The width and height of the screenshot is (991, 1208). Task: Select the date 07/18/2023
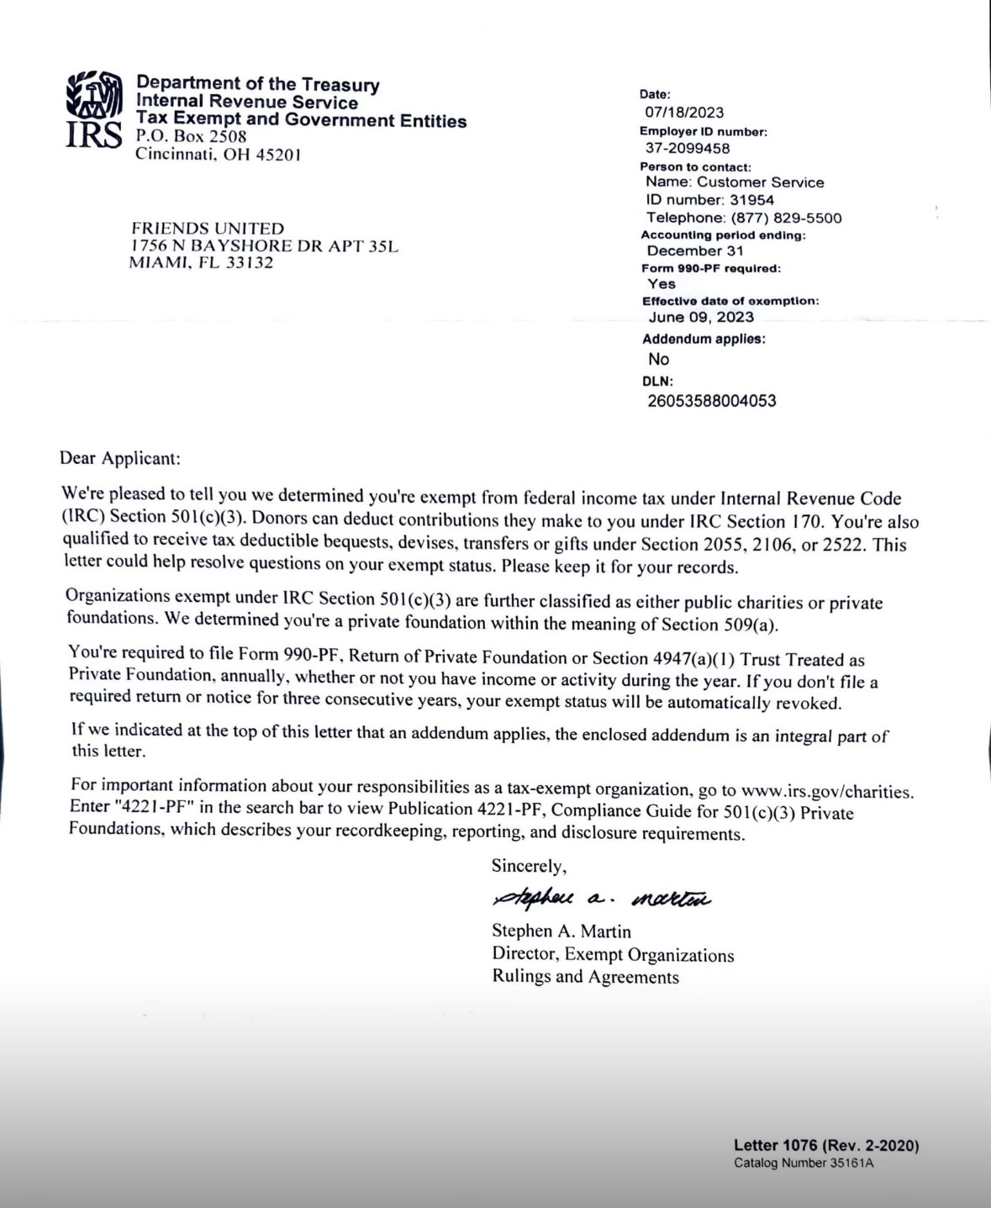point(684,113)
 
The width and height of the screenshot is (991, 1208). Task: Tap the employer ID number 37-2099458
point(688,148)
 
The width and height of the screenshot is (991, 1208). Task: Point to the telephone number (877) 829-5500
point(786,218)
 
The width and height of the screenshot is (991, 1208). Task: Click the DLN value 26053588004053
point(712,401)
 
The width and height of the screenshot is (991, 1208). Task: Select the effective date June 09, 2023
point(701,317)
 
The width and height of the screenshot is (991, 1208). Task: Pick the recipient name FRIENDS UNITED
point(208,229)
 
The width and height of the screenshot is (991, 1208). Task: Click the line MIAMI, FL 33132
point(201,262)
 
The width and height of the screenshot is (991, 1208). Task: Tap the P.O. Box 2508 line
point(191,136)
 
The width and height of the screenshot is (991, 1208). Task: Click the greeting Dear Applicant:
point(120,458)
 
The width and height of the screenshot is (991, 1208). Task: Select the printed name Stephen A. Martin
point(561,931)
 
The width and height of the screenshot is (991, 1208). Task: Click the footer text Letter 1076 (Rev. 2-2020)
point(826,1145)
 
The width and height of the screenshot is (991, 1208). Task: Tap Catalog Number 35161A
point(804,1163)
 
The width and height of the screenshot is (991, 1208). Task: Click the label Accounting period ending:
point(723,235)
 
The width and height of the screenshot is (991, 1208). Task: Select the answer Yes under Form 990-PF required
point(662,284)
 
